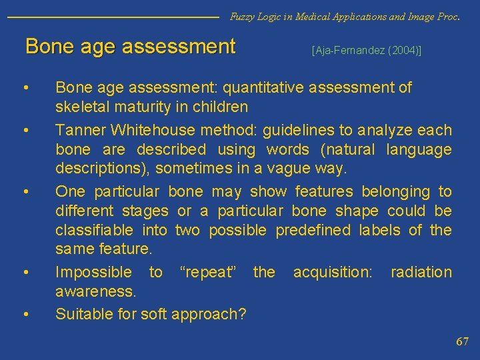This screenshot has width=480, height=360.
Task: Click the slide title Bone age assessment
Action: [x=130, y=47]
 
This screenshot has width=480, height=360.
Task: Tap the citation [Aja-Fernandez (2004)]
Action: [x=367, y=50]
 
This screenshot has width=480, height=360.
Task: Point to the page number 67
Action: [x=462, y=341]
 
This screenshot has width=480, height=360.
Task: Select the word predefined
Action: [x=313, y=231]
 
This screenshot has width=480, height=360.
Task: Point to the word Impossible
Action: [x=93, y=273]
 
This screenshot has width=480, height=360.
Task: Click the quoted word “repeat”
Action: [x=208, y=273]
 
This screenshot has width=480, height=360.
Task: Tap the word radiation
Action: [x=421, y=273]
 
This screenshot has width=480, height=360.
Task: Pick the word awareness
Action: [x=95, y=292]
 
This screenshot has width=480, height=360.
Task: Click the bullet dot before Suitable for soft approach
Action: [x=25, y=313]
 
